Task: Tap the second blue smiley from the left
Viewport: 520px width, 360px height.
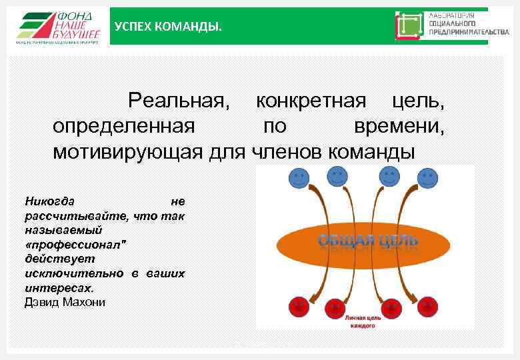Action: point(338,177)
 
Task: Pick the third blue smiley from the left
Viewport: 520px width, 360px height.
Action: point(389,177)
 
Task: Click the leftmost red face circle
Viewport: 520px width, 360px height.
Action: point(298,307)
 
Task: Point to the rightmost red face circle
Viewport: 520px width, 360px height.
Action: point(427,307)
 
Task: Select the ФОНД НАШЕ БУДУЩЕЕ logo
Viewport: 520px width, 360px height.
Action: point(59,27)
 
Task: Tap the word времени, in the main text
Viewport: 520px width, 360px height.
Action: point(400,126)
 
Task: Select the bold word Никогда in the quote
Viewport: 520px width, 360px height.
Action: point(50,201)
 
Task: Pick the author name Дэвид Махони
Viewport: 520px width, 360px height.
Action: point(65,302)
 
